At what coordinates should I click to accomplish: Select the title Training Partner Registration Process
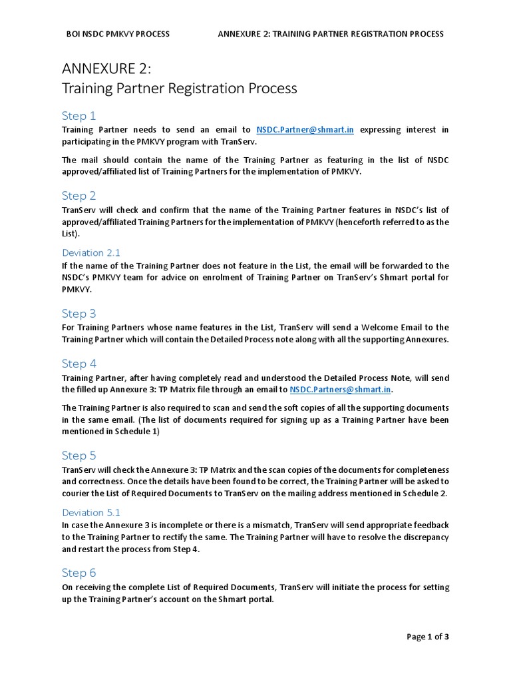(x=179, y=89)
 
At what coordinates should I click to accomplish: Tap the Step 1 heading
(x=79, y=116)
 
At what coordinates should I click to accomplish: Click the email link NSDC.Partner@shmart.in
(x=305, y=130)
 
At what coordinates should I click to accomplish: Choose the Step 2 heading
(x=79, y=196)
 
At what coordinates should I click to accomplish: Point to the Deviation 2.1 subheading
(x=91, y=253)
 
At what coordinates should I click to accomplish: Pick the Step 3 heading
(x=79, y=314)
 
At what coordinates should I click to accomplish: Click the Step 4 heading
(x=79, y=364)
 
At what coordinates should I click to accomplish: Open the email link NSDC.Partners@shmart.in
(x=341, y=390)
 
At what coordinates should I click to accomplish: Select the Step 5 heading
(x=79, y=456)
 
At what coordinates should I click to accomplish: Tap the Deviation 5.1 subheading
(x=91, y=513)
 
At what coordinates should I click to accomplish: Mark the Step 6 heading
(x=79, y=573)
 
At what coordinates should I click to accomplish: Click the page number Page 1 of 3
(x=428, y=637)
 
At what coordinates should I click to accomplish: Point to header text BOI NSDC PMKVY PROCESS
(x=118, y=34)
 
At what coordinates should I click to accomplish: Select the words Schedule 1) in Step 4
(x=136, y=432)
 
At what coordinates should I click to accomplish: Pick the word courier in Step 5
(x=77, y=494)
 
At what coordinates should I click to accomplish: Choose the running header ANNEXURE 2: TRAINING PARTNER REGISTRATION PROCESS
(x=331, y=34)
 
